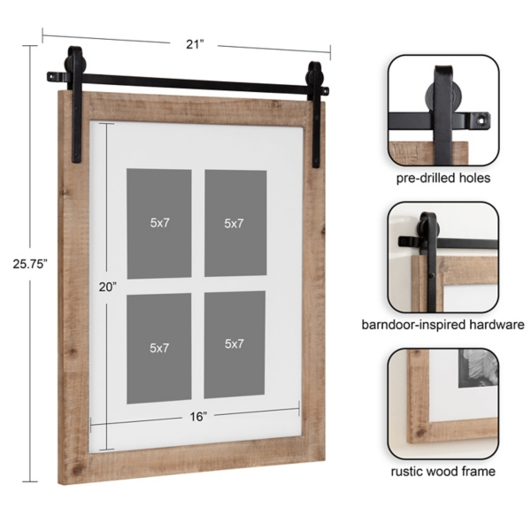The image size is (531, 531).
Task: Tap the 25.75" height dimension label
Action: (24, 263)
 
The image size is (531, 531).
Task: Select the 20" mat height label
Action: (107, 286)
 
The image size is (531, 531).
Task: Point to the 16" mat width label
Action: (196, 416)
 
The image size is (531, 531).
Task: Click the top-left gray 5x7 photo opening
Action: (158, 223)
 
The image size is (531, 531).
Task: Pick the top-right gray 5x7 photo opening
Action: (235, 223)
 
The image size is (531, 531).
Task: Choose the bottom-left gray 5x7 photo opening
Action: (158, 345)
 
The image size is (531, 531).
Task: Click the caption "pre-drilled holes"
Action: (442, 178)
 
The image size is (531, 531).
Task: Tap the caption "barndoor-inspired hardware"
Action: (442, 325)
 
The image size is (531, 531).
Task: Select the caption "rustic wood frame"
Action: (442, 472)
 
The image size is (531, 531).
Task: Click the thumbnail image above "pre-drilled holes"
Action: (442, 109)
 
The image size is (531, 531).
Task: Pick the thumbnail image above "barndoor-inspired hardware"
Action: (442, 257)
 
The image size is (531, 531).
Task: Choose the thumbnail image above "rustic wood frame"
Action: (442, 404)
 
